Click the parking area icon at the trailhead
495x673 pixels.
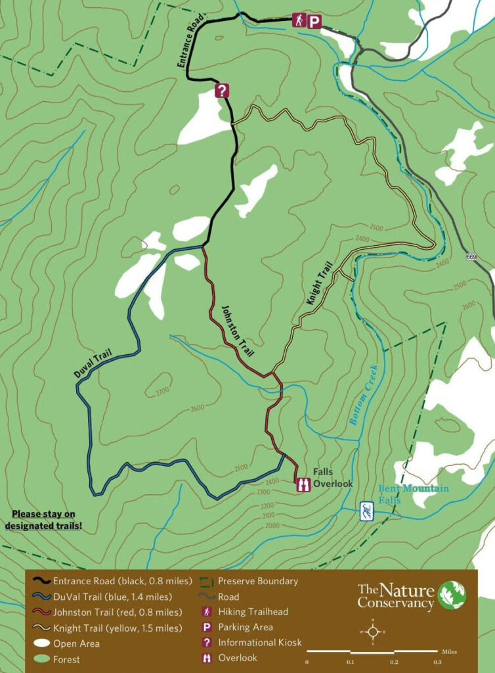point(315,22)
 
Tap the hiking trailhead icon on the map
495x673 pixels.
point(299,21)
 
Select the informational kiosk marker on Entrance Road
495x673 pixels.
point(223,90)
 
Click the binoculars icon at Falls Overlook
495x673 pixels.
point(303,484)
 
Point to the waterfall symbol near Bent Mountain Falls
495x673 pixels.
point(367,510)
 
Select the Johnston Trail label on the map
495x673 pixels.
point(236,328)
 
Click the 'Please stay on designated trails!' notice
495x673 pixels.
point(43,519)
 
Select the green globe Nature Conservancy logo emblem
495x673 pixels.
point(452,595)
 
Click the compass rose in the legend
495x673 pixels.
point(372,632)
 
